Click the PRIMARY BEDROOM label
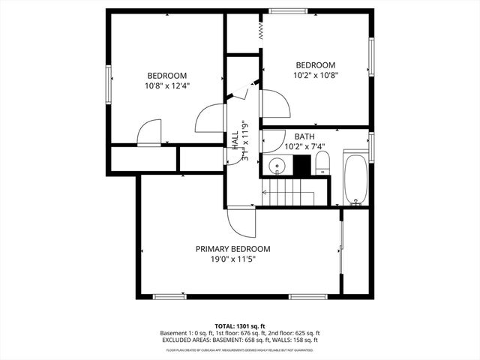232,249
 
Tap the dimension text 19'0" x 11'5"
232,259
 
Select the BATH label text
304,136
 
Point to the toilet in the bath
322,163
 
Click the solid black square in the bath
303,166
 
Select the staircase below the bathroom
288,193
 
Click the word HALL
235,141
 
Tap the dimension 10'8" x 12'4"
166,85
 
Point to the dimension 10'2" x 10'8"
315,75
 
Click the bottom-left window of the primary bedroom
169,296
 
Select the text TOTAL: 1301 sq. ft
240,326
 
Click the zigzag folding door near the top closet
259,29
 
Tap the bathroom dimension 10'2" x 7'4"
304,147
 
